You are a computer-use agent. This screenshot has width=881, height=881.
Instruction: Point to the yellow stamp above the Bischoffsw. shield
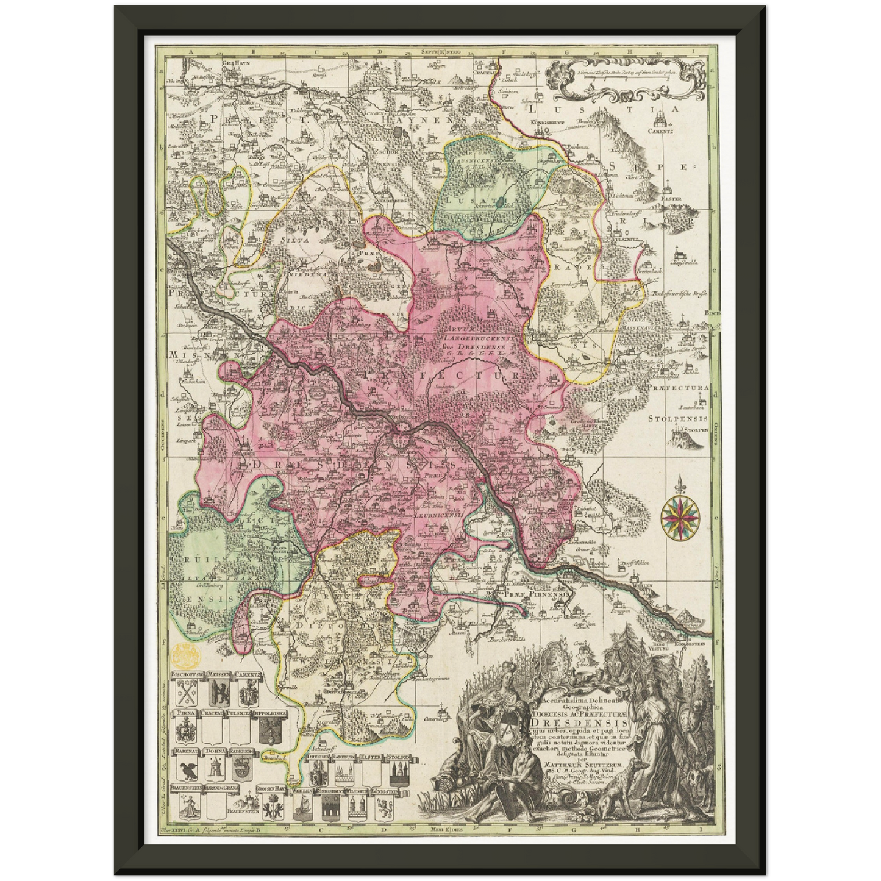(x=186, y=656)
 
